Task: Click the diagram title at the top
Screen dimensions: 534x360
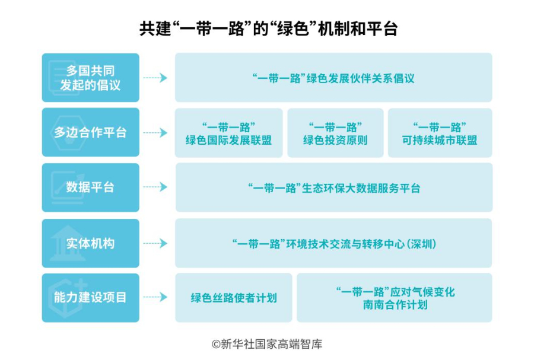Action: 268,28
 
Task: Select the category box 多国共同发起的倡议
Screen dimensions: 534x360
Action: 91,78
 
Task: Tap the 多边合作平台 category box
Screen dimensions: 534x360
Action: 91,132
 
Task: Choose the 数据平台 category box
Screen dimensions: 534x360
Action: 91,187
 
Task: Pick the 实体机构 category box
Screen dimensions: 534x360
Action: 91,243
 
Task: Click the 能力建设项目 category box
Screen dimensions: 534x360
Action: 91,298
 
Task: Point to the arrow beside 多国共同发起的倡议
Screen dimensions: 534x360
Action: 155,78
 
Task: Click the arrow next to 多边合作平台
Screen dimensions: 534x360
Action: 155,133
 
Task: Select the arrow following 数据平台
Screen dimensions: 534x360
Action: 155,187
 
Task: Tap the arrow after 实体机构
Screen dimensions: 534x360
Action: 155,243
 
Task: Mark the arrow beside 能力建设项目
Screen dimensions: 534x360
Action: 155,297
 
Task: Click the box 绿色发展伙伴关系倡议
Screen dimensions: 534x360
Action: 333,78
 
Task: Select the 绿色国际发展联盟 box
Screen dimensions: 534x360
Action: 229,133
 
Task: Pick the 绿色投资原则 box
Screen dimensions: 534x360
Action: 335,133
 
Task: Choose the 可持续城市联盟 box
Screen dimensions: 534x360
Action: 440,133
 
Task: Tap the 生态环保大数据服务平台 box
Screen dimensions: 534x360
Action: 334,187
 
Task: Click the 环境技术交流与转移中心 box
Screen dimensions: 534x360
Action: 333,243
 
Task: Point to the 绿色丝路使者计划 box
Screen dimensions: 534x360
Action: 234,298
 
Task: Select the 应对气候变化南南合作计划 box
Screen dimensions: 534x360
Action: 395,298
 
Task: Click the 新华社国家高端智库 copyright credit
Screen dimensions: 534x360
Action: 267,344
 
